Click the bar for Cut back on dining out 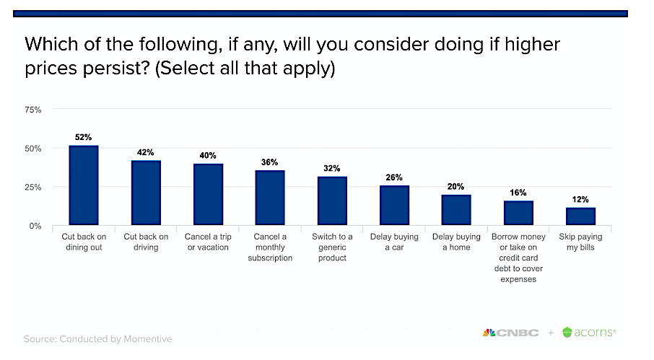[x=84, y=185]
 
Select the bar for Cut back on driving [x=146, y=193]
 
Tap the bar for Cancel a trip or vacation [x=208, y=195]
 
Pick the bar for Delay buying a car [x=394, y=206]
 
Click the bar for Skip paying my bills [x=580, y=216]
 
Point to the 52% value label [x=84, y=137]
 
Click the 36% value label [x=270, y=162]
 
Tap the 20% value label [x=456, y=187]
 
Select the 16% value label [x=518, y=193]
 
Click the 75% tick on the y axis [x=33, y=110]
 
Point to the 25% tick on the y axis [x=33, y=187]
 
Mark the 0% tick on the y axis [x=35, y=226]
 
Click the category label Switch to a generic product [x=332, y=247]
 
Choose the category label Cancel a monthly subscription [x=270, y=247]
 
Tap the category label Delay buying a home [x=456, y=242]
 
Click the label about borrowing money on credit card [x=518, y=258]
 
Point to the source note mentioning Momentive [x=98, y=338]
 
